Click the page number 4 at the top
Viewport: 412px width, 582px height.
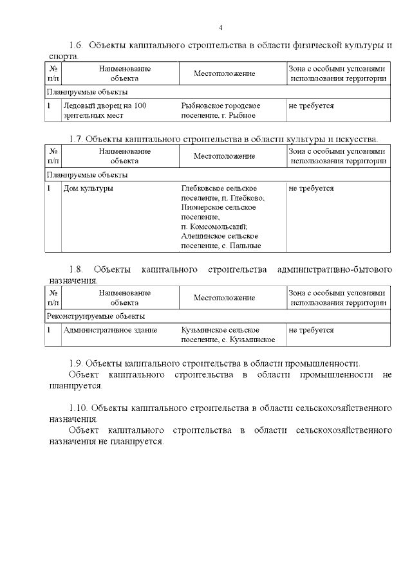click(x=221, y=28)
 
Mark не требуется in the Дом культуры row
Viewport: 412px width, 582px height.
click(x=311, y=188)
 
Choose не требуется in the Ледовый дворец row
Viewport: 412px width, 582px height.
click(x=311, y=105)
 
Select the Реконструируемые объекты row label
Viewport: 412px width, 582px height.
click(x=95, y=316)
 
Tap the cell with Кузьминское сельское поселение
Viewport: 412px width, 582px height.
click(x=228, y=334)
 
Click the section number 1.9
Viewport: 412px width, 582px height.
click(x=77, y=363)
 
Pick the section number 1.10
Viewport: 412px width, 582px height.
click(x=79, y=408)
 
